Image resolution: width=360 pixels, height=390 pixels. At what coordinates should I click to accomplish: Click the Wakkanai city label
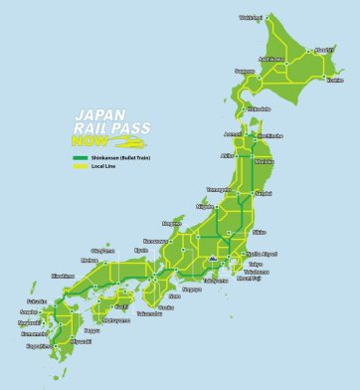point(251,17)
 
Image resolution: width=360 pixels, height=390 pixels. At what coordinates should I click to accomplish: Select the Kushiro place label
point(335,81)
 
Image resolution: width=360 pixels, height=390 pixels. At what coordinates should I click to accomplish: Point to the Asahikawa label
point(272,59)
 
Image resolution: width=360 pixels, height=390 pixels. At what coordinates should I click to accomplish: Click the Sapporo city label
point(245,71)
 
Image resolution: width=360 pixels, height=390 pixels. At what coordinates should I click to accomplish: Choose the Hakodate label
point(258,108)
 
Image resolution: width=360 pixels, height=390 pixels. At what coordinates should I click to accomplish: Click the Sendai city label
point(264,192)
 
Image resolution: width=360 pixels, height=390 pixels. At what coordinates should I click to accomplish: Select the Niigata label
point(206,207)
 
